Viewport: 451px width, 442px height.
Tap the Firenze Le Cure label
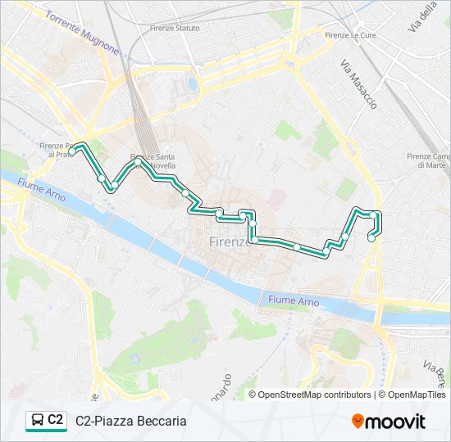pos(348,35)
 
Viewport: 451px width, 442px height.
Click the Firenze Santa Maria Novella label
pos(153,161)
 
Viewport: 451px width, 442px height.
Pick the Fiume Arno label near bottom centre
pos(294,300)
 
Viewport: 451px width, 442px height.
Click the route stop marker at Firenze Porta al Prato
pos(73,151)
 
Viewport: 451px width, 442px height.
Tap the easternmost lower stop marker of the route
pos(371,238)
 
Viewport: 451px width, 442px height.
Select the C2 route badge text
pos(56,420)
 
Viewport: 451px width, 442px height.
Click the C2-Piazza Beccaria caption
pos(131,421)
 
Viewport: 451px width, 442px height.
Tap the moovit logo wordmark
pos(395,421)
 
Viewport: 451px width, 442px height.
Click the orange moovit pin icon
pos(358,422)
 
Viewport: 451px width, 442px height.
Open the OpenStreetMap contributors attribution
pos(310,395)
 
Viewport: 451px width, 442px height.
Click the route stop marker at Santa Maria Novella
pos(138,162)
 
